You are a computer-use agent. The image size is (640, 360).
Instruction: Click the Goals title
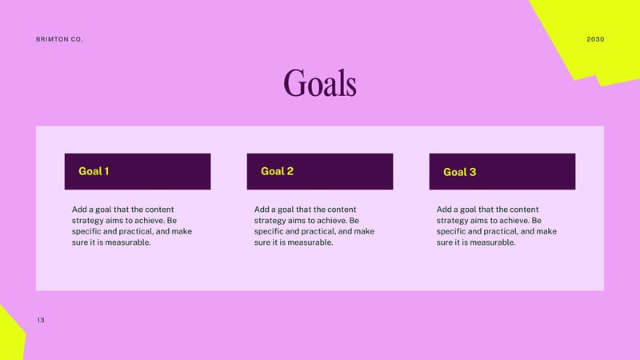[320, 83]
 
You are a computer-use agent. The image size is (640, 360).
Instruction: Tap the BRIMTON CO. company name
[59, 39]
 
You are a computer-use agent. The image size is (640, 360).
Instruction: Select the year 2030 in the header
[595, 39]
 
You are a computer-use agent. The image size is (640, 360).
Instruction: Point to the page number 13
[41, 320]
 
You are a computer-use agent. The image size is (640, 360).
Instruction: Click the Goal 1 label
[94, 171]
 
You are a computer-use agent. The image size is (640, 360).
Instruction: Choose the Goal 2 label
[277, 171]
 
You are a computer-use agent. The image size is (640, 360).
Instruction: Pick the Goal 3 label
[459, 172]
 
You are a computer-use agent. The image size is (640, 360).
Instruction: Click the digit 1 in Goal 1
[106, 171]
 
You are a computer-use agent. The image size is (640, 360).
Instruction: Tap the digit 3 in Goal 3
[473, 172]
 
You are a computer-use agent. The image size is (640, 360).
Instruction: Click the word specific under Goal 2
[269, 231]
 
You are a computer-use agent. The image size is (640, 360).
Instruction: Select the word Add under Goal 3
[444, 210]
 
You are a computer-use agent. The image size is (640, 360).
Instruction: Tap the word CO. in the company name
[77, 39]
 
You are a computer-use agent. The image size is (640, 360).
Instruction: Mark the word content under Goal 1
[159, 210]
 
